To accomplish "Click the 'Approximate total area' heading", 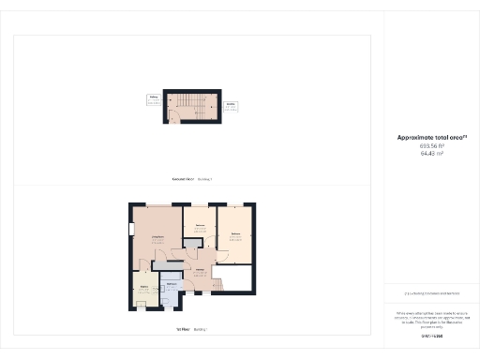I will [x=432, y=138].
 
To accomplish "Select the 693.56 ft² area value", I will [x=432, y=146].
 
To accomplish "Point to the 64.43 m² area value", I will [x=432, y=154].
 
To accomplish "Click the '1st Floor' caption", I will [x=184, y=329].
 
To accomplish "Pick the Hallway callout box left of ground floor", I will [x=153, y=98].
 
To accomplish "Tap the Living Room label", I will [x=157, y=239].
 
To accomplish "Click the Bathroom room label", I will [x=172, y=283].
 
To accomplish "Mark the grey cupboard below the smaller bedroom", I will [x=191, y=245].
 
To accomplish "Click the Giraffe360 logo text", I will [x=431, y=336].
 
